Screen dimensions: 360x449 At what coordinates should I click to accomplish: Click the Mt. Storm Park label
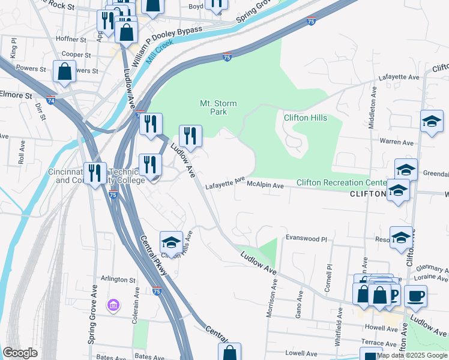coord(218,107)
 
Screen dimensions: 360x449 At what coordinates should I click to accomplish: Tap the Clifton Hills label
coord(305,118)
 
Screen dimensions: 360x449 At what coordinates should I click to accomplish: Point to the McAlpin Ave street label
coord(265,186)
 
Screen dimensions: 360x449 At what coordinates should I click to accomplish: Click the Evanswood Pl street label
coord(306,238)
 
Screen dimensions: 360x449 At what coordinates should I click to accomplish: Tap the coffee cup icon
coord(415,295)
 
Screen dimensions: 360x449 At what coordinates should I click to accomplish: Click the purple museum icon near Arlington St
coord(112,306)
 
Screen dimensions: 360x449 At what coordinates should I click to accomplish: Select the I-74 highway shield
coord(51,100)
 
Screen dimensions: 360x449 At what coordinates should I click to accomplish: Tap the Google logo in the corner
coord(20,352)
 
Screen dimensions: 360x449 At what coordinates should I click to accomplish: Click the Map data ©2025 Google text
coord(412,355)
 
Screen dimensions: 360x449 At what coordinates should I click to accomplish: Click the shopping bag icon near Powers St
coord(64,71)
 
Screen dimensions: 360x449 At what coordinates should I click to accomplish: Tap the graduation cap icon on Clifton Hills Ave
coord(171,242)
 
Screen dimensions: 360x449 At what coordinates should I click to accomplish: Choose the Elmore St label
coord(16,95)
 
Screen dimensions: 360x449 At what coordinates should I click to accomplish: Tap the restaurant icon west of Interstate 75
coord(95,173)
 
